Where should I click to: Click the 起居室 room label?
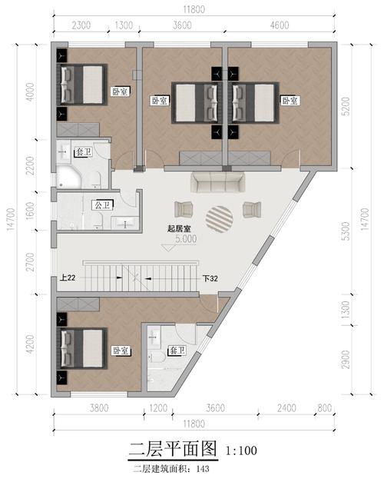[178, 228]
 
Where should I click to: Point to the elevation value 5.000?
[186, 239]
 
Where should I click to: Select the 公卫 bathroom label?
[101, 205]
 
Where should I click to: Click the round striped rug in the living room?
[218, 218]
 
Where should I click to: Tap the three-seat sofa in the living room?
[218, 182]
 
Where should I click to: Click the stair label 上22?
[66, 278]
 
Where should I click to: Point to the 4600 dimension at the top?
[279, 25]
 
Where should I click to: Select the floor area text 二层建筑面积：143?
[171, 467]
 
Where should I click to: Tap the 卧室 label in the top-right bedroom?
[290, 101]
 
